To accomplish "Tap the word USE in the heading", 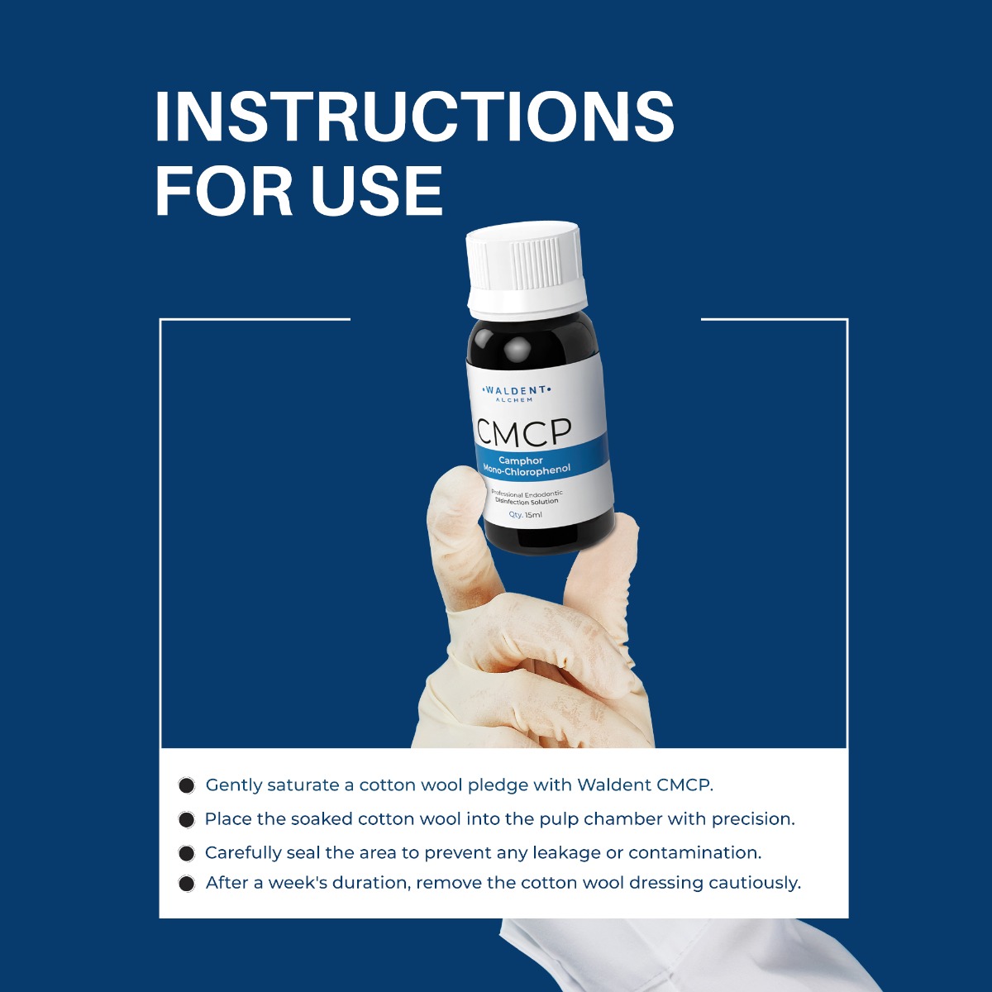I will coord(377,192).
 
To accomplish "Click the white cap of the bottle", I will coord(527,269).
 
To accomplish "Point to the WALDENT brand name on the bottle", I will coord(516,389).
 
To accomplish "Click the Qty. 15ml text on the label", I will coord(526,514).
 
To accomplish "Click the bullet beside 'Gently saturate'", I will coord(187,785).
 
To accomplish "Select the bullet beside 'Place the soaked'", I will coord(187,819).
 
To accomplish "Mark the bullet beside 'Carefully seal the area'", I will coord(187,852).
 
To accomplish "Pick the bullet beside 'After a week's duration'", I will coord(187,884).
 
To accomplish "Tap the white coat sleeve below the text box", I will coord(661,959).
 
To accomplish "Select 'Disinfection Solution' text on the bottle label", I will coord(527,501).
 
